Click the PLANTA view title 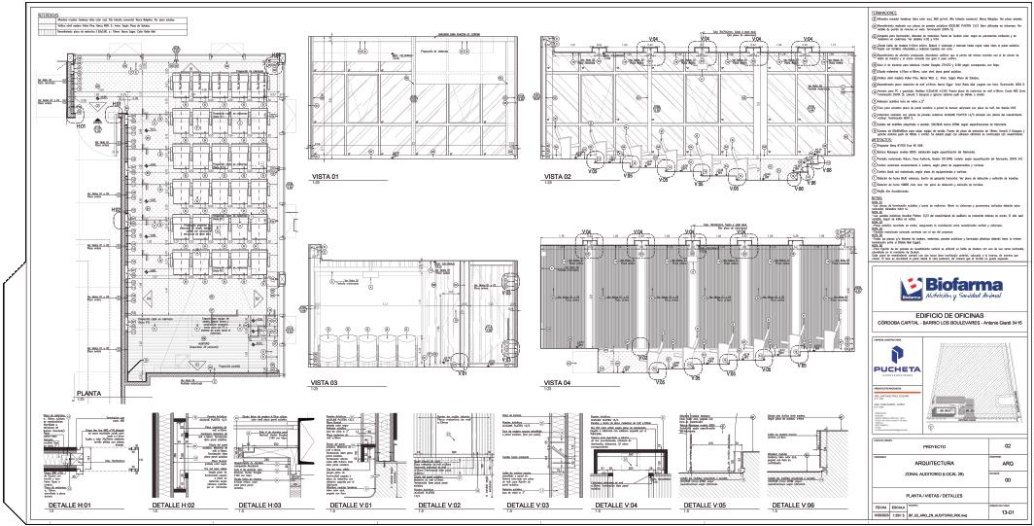coord(90,393)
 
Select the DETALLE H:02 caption coord(165,507)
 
